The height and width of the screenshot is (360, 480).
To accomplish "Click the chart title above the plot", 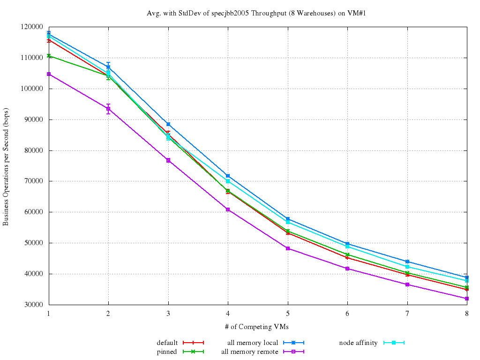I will pyautogui.click(x=256, y=13).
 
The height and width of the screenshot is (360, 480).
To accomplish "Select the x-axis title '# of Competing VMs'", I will pyautogui.click(x=257, y=327).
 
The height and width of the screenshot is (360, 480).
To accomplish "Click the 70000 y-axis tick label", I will pyautogui.click(x=36, y=181).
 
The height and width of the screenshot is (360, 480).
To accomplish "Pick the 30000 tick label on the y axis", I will pyautogui.click(x=36, y=305).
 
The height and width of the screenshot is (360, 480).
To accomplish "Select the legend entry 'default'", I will pyautogui.click(x=167, y=343).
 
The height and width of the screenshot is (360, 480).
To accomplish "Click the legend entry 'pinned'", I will pyautogui.click(x=167, y=352).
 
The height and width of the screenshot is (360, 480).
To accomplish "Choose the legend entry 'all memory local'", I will pyautogui.click(x=253, y=343).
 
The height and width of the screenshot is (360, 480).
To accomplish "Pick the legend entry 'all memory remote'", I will pyautogui.click(x=250, y=352).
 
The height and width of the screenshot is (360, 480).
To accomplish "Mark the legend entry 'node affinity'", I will pyautogui.click(x=358, y=343).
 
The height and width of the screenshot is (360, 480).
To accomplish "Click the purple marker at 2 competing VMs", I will pyautogui.click(x=108, y=109).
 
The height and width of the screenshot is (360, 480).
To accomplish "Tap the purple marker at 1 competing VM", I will pyautogui.click(x=49, y=74).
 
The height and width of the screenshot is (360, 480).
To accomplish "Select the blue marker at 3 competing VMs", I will pyautogui.click(x=168, y=124).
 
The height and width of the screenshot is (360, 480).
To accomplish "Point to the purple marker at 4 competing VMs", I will pyautogui.click(x=228, y=210).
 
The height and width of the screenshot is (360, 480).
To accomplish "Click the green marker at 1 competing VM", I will pyautogui.click(x=49, y=56).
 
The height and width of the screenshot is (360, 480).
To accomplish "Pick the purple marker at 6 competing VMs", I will pyautogui.click(x=347, y=269).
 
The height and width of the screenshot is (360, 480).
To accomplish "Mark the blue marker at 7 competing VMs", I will pyautogui.click(x=407, y=262).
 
